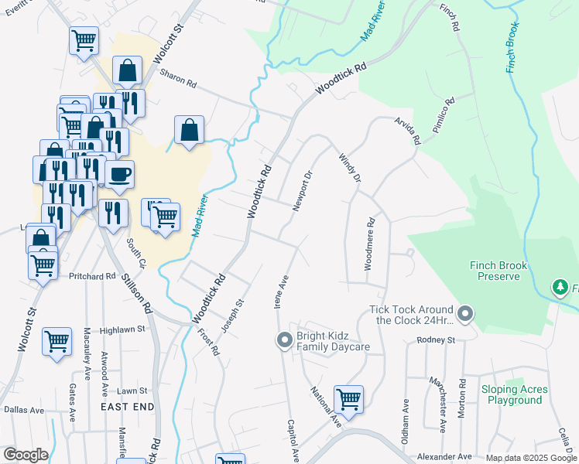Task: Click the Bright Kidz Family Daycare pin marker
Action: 284,339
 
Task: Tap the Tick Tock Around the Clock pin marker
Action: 464,314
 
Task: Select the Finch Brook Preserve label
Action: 498,271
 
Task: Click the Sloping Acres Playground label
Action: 514,394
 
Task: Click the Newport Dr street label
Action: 302,190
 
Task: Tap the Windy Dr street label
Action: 350,168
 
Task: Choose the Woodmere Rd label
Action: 370,243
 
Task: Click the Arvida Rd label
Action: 407,131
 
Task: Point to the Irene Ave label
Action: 282,291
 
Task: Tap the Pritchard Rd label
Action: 92,276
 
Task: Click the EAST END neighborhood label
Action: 127,406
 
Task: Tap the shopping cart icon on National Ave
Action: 349,399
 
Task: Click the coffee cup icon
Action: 119,175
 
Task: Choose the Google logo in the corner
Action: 26,455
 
